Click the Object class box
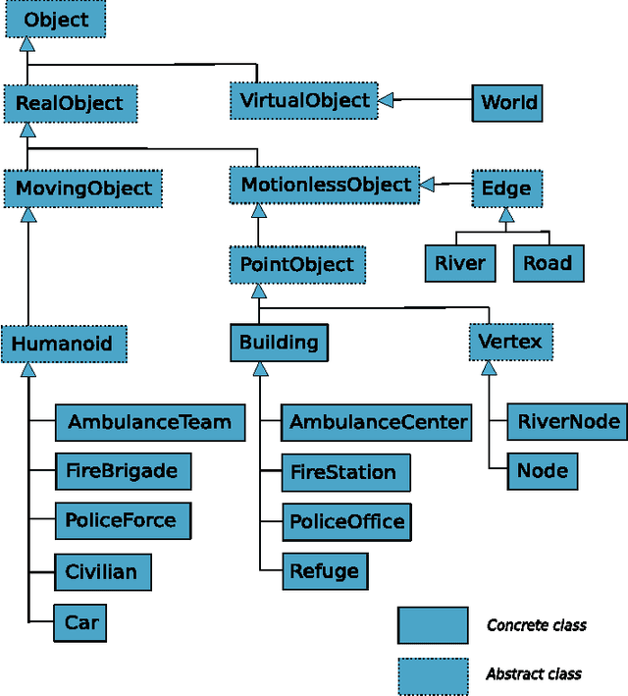(56, 20)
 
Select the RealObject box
(70, 103)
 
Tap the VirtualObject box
(305, 99)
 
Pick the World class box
(508, 103)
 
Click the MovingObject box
(82, 187)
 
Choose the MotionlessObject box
(326, 185)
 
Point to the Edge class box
(506, 187)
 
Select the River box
(459, 263)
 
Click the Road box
(547, 263)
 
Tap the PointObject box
(297, 264)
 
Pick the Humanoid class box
(64, 344)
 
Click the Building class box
(279, 343)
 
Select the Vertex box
(510, 343)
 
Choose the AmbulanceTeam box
(148, 423)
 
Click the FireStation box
(343, 472)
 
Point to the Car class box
(81, 622)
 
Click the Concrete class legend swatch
(432, 625)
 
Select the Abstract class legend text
(533, 674)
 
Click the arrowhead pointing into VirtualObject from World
(387, 99)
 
